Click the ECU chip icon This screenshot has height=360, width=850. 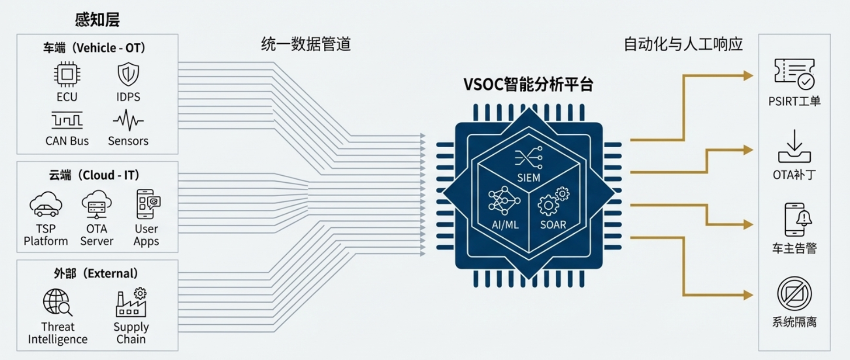67,74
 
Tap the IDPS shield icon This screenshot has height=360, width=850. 128,74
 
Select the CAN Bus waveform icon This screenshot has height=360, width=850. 67,120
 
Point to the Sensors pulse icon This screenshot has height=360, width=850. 128,120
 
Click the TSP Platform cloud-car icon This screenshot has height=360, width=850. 45,205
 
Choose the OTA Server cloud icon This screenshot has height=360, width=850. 97,204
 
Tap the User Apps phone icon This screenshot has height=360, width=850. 148,204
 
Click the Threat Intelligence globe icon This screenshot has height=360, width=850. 58,302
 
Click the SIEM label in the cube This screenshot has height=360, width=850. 528,178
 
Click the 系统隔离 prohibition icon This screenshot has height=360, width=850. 794,294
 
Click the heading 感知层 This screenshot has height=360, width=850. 97,20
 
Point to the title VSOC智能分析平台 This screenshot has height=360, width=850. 528,84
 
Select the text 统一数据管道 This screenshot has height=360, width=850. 306,44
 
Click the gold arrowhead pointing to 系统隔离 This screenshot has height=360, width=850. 748,295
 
